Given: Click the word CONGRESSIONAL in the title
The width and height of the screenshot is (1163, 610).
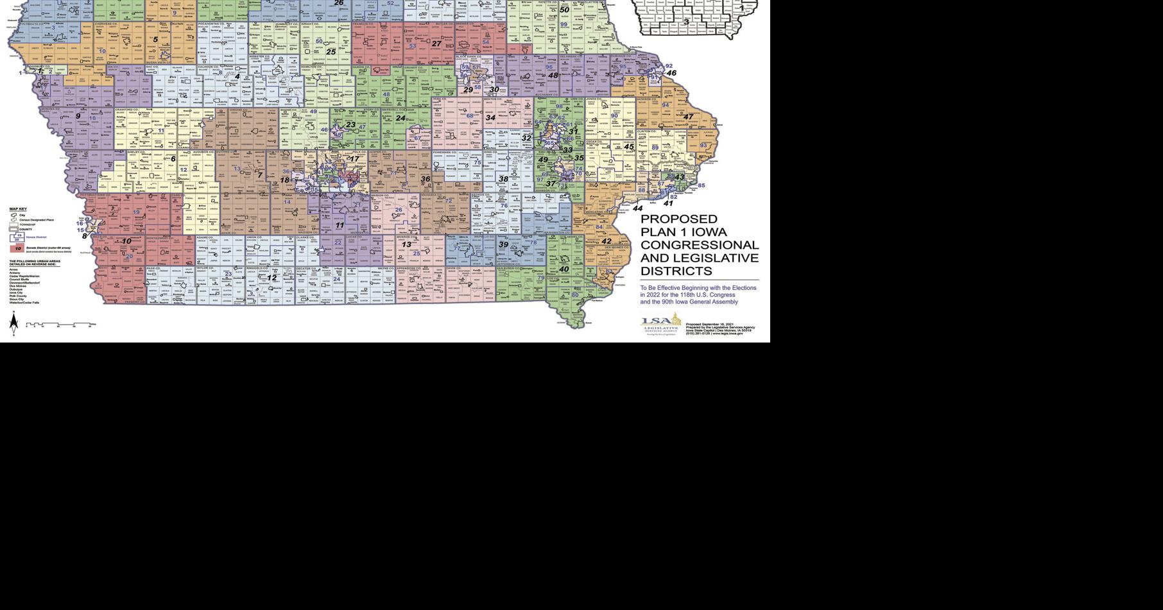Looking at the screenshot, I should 700,245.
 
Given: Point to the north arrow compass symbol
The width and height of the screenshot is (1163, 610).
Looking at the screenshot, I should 13,323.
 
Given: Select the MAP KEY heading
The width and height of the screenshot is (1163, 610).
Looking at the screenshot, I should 18,209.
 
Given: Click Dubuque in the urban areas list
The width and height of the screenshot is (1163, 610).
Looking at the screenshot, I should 16,289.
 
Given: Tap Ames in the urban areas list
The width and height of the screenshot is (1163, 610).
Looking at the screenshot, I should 13,269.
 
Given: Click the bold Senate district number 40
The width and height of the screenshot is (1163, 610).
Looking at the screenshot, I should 564,269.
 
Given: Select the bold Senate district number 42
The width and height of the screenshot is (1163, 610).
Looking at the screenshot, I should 607,242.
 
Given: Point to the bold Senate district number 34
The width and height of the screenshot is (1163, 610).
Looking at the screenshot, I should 490,118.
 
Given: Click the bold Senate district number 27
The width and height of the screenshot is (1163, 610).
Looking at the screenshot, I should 436,44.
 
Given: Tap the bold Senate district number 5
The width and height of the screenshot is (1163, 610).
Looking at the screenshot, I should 155,40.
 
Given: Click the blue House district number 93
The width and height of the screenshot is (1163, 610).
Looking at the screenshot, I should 703,146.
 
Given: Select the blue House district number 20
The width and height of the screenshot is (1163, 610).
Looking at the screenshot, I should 129,257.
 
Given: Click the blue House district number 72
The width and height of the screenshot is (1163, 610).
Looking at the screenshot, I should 449,201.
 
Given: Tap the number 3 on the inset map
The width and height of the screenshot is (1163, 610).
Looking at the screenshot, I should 686,22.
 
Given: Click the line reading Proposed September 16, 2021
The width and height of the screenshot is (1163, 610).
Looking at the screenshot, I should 709,325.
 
